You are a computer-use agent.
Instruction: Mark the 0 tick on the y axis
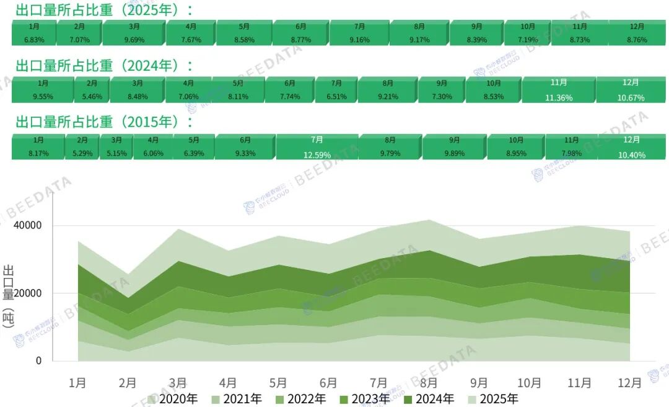39,360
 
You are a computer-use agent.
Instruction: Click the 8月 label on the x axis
428,383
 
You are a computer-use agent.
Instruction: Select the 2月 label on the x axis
128,383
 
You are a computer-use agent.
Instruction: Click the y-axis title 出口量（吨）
9,303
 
